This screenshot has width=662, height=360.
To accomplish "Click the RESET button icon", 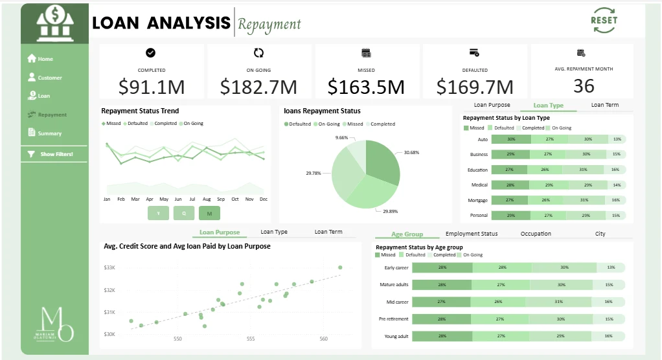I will coord(604,20).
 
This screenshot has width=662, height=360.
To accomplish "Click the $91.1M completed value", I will coord(151,87).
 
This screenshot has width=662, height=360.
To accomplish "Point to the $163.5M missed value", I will coord(366,87).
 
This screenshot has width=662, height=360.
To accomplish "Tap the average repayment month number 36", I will coord(584,85).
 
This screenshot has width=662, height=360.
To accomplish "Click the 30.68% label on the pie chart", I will coord(411,152).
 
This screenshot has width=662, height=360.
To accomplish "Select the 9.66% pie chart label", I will coord(341,137).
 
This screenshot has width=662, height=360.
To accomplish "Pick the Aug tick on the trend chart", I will coord(207,199).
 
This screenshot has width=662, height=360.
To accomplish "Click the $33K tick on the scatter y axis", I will coord(109,267).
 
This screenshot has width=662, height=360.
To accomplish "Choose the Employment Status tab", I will coord(472,234).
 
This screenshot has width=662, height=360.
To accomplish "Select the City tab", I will coord(600,234).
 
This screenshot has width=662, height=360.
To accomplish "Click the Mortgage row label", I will coord(478,200).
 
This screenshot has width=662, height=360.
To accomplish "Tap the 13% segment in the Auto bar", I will coord(617,139).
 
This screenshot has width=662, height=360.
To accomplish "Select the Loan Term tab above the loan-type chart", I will coord(604,105).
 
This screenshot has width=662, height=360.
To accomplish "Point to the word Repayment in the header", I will coord(269,25).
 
